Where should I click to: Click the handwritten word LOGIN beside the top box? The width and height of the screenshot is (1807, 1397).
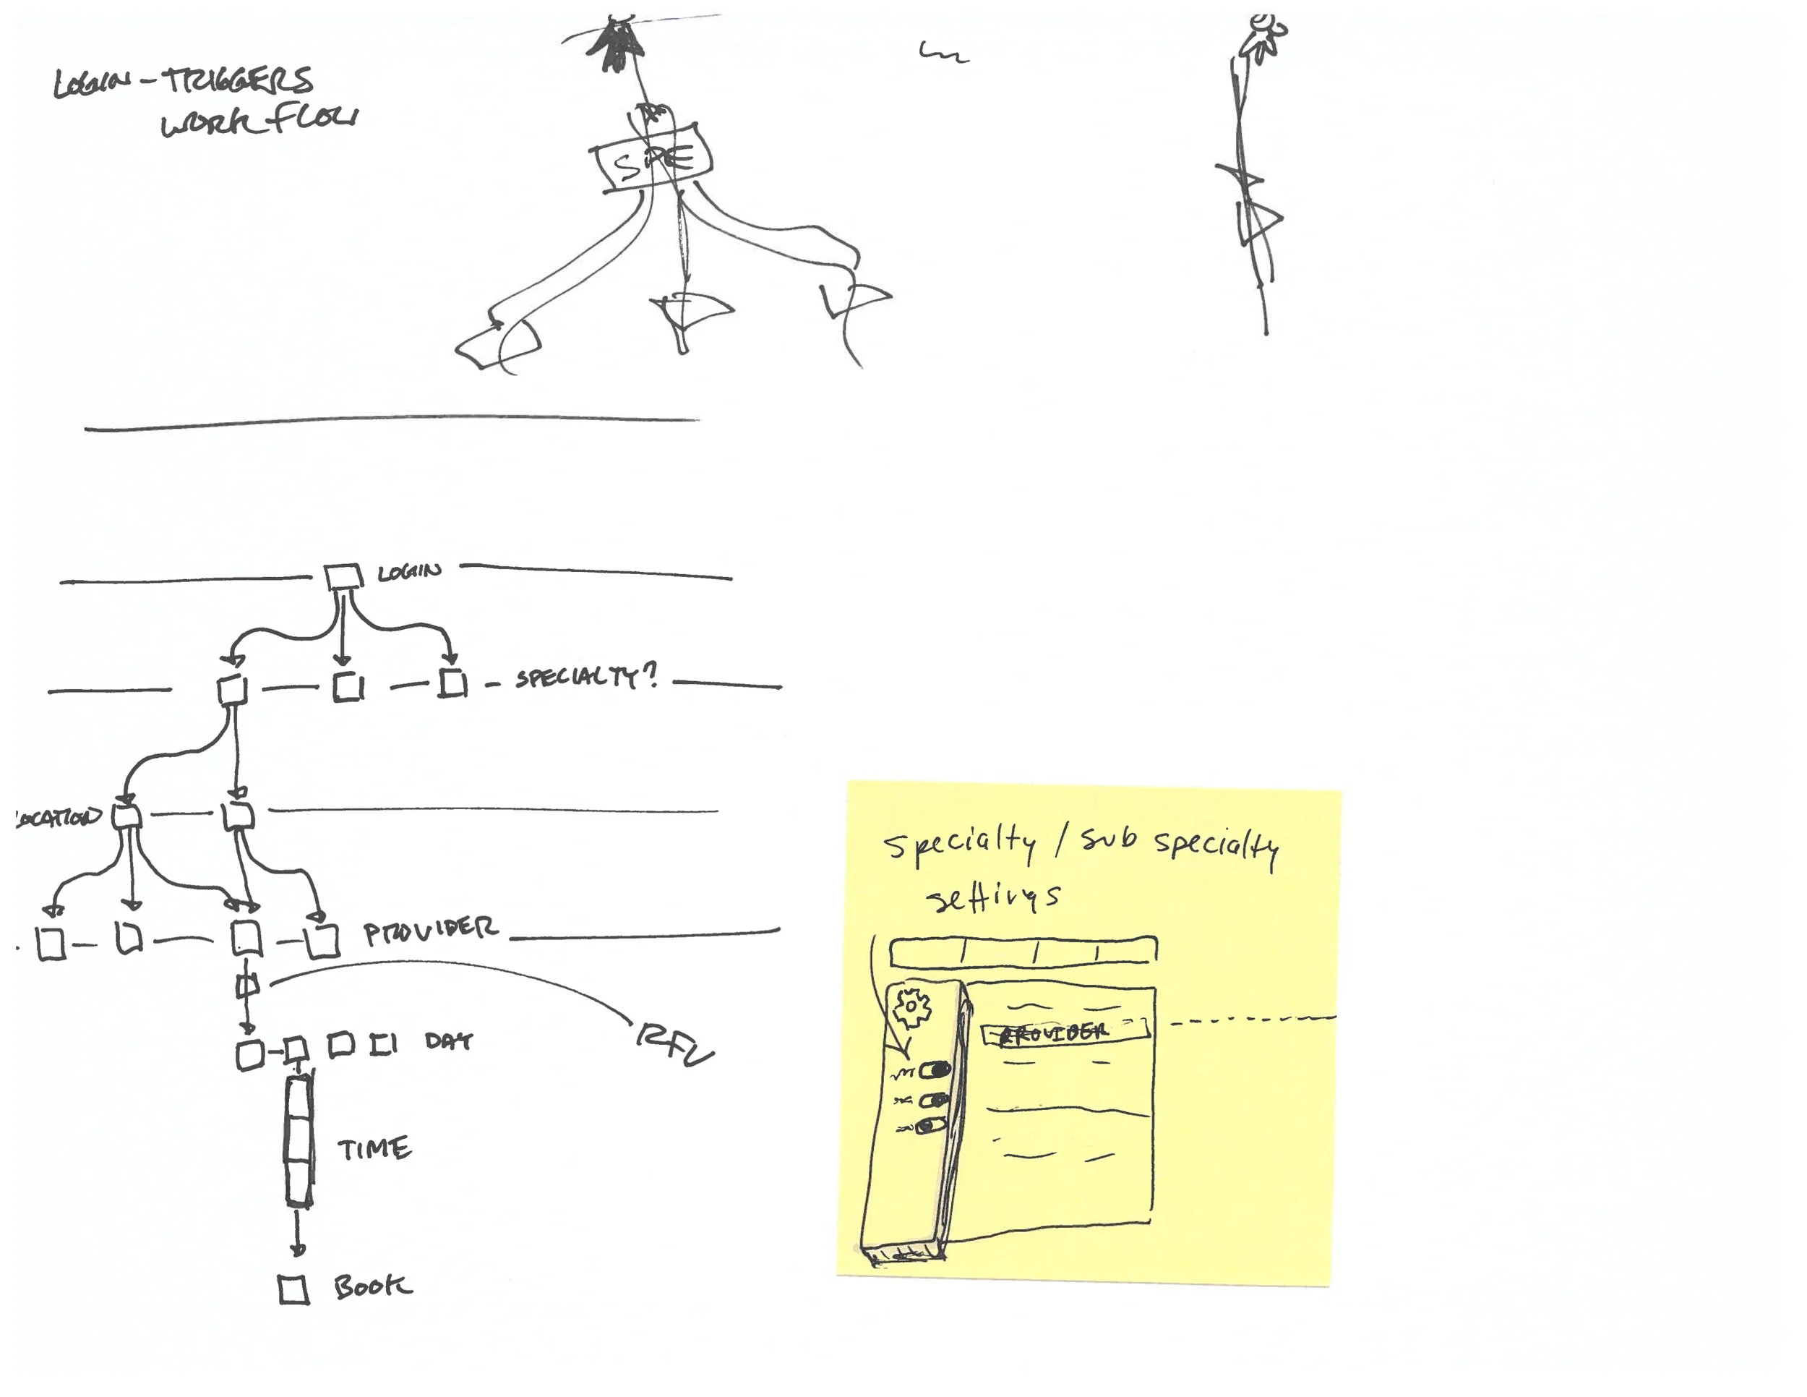click(410, 572)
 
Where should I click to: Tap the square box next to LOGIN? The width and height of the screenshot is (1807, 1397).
click(343, 577)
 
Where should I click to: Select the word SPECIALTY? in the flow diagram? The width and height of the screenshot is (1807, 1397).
click(585, 678)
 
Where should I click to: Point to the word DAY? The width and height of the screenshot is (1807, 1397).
click(448, 1041)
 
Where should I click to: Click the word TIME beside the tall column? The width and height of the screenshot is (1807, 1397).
click(374, 1149)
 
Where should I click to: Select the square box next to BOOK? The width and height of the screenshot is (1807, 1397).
click(293, 1289)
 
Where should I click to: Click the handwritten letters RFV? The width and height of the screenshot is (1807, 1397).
click(674, 1046)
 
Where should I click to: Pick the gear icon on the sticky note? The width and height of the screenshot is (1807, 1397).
click(910, 1007)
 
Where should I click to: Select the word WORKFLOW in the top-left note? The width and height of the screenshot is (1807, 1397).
click(259, 121)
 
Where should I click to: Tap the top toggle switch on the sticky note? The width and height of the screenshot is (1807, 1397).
click(936, 1071)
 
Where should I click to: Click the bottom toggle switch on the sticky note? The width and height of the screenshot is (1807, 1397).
click(931, 1127)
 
